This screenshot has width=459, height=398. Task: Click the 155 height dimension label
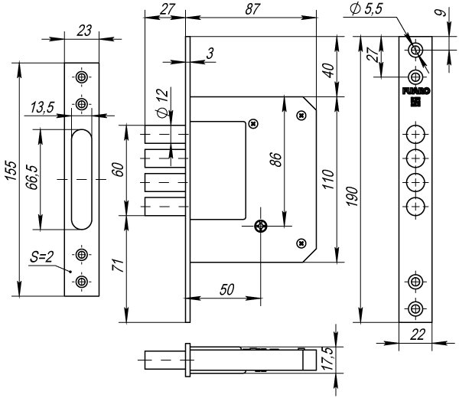tap(11, 170)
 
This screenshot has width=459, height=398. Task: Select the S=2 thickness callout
tap(41, 257)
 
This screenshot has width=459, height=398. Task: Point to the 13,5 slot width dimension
tap(42, 107)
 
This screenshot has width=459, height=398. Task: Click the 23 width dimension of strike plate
tap(84, 31)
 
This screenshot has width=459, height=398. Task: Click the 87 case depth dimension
tap(252, 9)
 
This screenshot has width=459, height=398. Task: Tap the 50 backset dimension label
tap(227, 289)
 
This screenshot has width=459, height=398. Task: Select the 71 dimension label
tap(119, 266)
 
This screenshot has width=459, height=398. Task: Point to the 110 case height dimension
tap(328, 179)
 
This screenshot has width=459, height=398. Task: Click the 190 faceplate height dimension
tap(353, 196)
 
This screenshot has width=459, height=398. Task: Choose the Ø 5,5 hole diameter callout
tap(366, 8)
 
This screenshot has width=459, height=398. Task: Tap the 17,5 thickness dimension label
tap(328, 359)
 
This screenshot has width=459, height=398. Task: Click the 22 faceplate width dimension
tap(417, 334)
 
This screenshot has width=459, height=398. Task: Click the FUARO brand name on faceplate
tap(416, 91)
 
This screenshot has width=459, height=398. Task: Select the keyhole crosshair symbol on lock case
tap(261, 226)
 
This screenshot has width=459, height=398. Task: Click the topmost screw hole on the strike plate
tap(82, 77)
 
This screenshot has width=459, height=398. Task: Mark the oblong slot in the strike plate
tap(82, 179)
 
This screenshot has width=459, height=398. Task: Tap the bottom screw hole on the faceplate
tap(415, 308)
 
